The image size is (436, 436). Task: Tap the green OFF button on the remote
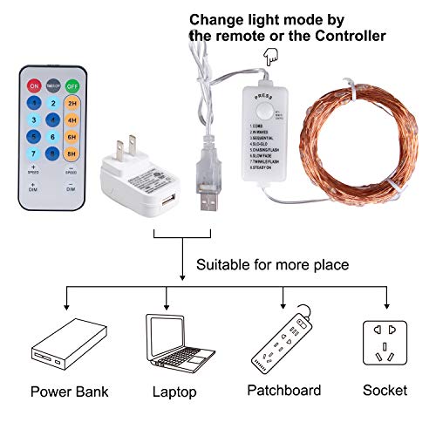73,86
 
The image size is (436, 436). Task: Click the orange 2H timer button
73,102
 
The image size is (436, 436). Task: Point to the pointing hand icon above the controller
268,54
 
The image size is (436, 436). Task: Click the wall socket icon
386,344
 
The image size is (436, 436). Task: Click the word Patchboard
284,391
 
